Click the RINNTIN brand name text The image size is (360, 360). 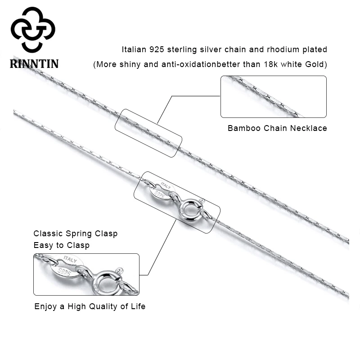pyautogui.click(x=34, y=63)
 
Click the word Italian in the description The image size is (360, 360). pyautogui.click(x=135, y=49)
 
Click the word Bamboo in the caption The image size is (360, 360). pyautogui.click(x=243, y=128)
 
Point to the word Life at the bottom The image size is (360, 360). pyautogui.click(x=137, y=306)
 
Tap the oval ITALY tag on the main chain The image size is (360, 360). pyautogui.click(x=160, y=189)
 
